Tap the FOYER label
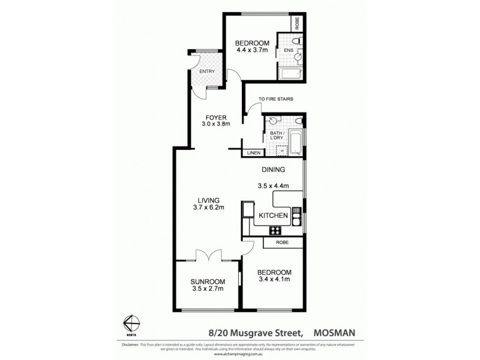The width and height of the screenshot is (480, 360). (215, 117)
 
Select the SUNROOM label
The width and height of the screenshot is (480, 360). (208, 281)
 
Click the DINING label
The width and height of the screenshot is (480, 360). (272, 169)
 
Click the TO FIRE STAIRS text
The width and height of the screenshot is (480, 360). (276, 99)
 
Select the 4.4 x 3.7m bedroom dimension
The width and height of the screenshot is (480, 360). (251, 50)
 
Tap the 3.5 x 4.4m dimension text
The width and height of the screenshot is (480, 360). (273, 185)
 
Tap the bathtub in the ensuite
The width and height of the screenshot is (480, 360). (291, 74)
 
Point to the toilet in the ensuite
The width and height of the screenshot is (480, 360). (298, 41)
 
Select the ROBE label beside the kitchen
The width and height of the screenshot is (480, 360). (281, 242)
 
